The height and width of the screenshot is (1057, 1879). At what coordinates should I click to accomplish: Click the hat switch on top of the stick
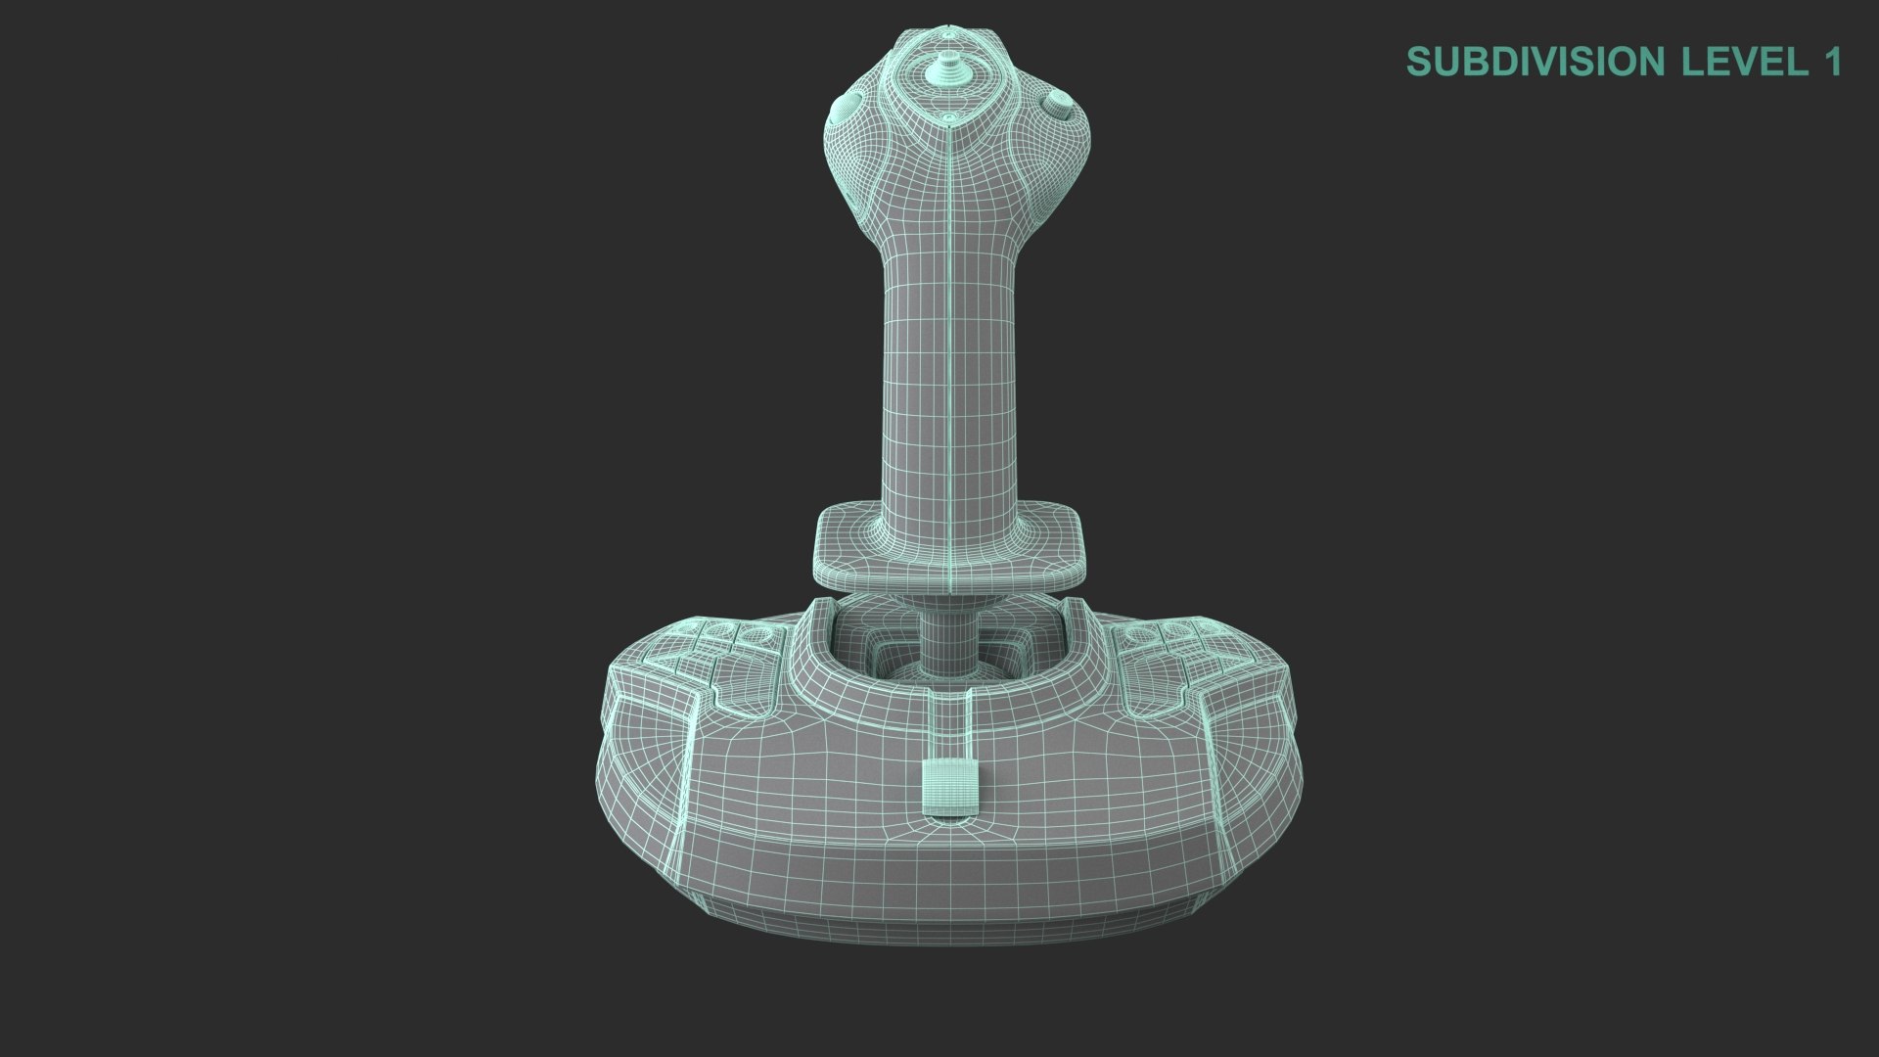tap(948, 69)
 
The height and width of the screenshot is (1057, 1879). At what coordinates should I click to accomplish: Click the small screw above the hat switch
tap(948, 28)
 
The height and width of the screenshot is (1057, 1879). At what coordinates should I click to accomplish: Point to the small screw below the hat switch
tap(948, 117)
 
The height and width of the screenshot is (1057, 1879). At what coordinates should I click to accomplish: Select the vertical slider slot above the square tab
tap(948, 719)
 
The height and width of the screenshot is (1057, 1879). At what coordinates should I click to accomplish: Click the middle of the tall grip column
tap(948, 372)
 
